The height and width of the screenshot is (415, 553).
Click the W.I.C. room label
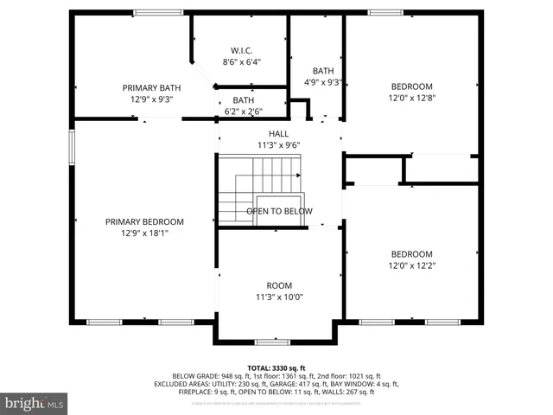pos(241,50)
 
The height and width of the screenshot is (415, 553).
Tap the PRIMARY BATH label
pos(151,87)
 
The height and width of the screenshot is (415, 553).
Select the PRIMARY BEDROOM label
pos(144,221)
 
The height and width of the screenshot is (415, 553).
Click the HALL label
pos(278,133)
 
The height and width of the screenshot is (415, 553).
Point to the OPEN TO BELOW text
pos(279,211)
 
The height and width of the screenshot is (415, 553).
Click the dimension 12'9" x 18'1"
pos(144,233)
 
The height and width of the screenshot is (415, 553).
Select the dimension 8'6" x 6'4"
pos(241,62)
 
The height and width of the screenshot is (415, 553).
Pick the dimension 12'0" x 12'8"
pos(411,99)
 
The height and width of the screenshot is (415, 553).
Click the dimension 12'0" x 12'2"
pos(411,265)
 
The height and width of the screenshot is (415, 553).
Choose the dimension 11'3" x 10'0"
pos(278,297)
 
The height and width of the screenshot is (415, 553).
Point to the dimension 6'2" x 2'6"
pos(243,111)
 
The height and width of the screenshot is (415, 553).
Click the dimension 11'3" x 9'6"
pos(278,145)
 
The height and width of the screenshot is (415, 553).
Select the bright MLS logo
pos(35,403)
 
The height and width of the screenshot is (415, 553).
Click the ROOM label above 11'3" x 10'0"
pos(278,285)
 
